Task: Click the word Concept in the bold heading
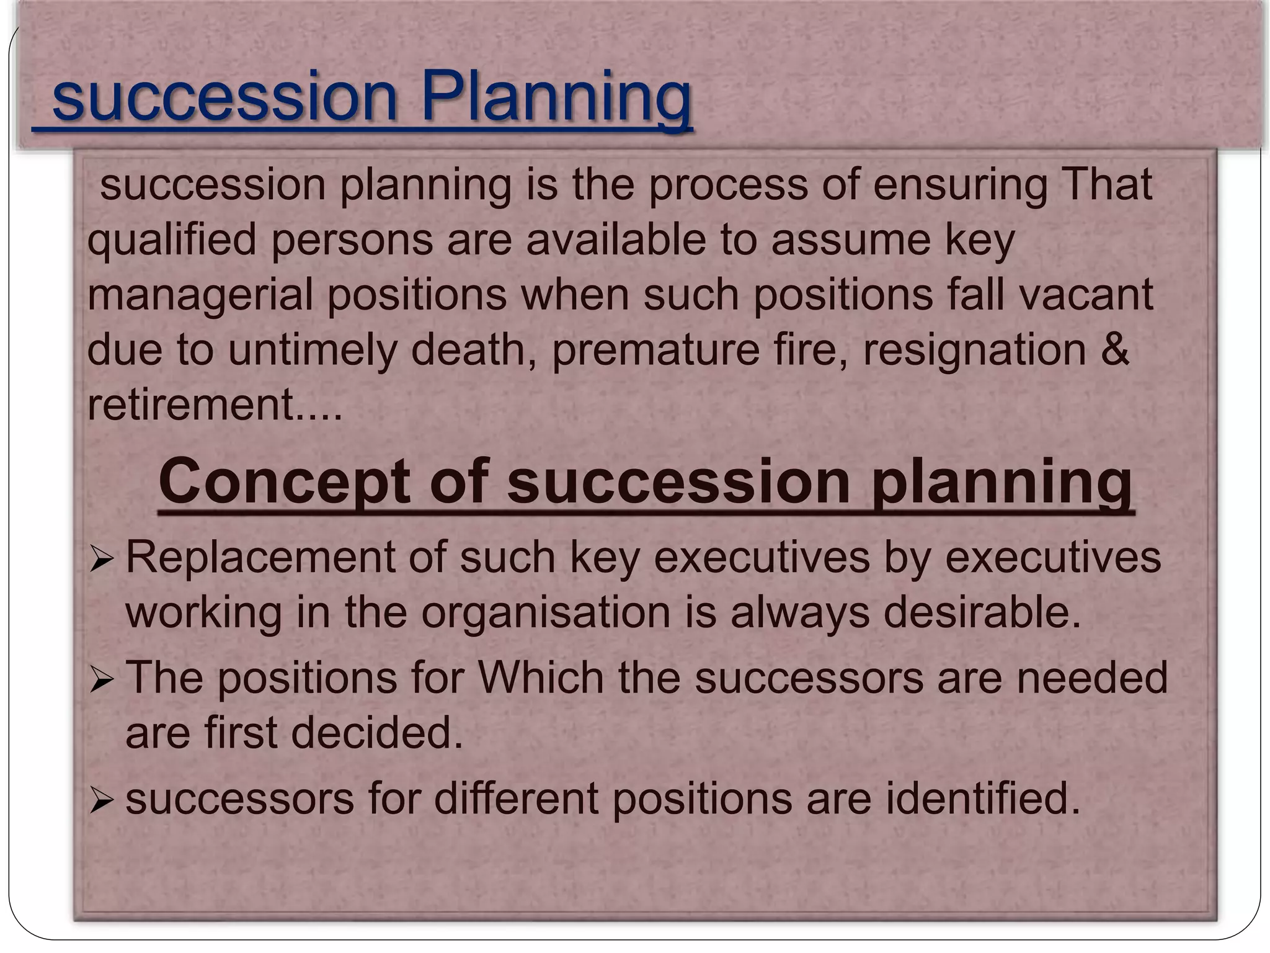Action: coord(283,481)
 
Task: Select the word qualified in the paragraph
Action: coord(172,241)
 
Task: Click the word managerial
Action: coord(200,295)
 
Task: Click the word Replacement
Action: coord(260,558)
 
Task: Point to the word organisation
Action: coord(546,614)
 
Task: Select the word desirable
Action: coord(982,612)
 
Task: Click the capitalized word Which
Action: coord(541,678)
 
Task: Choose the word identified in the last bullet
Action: coord(983,799)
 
